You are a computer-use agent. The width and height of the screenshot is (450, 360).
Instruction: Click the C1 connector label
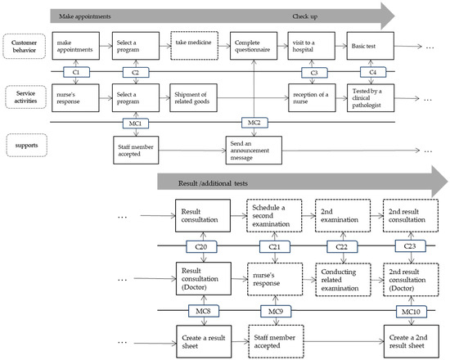[x=75, y=73]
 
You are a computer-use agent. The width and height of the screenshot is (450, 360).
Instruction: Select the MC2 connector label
[x=254, y=123]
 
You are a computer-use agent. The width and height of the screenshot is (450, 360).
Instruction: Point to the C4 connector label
[x=372, y=73]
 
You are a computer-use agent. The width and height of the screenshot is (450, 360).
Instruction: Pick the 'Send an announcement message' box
[x=254, y=151]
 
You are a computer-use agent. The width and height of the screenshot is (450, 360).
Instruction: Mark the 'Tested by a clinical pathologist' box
[x=372, y=98]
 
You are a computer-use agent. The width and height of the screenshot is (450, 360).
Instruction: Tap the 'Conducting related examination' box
[x=344, y=279]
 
